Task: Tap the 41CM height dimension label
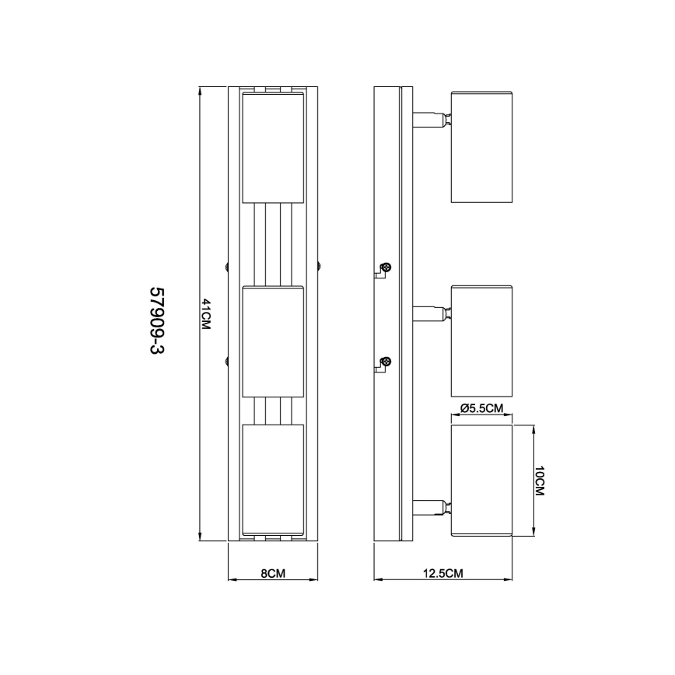click(x=207, y=315)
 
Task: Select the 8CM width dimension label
click(x=272, y=574)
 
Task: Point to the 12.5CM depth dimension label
click(x=443, y=574)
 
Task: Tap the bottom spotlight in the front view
click(x=272, y=480)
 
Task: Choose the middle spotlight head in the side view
click(x=481, y=341)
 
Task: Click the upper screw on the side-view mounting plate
click(x=386, y=268)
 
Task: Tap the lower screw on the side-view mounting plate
click(x=386, y=361)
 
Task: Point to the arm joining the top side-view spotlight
click(x=430, y=120)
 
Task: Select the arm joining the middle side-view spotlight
click(x=430, y=313)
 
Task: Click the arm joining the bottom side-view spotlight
click(x=430, y=508)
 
